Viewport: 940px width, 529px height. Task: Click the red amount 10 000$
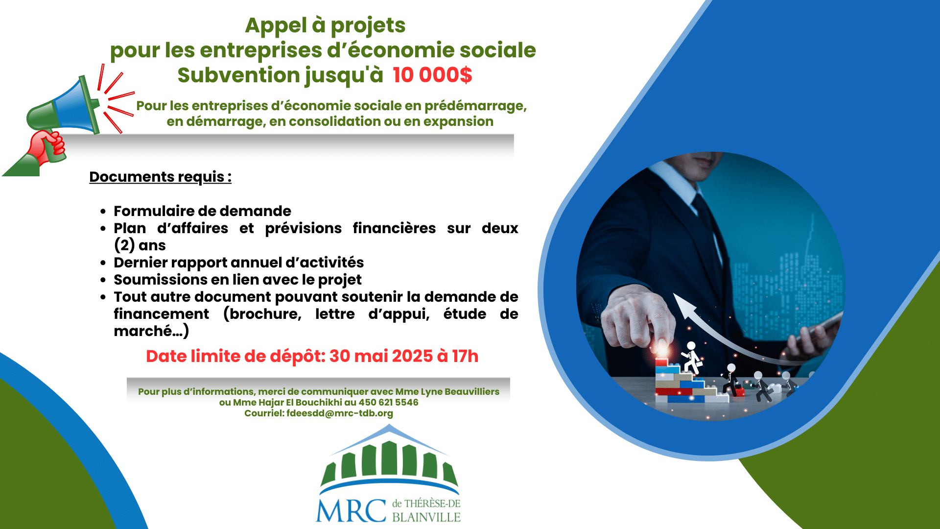tap(432, 75)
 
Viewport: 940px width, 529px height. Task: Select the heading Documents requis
tap(160, 177)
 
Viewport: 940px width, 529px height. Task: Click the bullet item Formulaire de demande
tap(202, 211)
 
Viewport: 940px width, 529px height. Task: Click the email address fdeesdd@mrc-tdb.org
tap(340, 413)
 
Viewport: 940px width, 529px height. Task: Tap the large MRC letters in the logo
tap(351, 511)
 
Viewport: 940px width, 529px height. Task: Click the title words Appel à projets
tap(325, 25)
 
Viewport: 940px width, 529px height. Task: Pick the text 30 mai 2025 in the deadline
tap(381, 356)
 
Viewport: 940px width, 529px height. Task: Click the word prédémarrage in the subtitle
tap(475, 106)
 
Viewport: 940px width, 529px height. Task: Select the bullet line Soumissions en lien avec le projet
tap(237, 280)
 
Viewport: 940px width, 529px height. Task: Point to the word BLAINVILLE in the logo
tap(426, 517)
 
